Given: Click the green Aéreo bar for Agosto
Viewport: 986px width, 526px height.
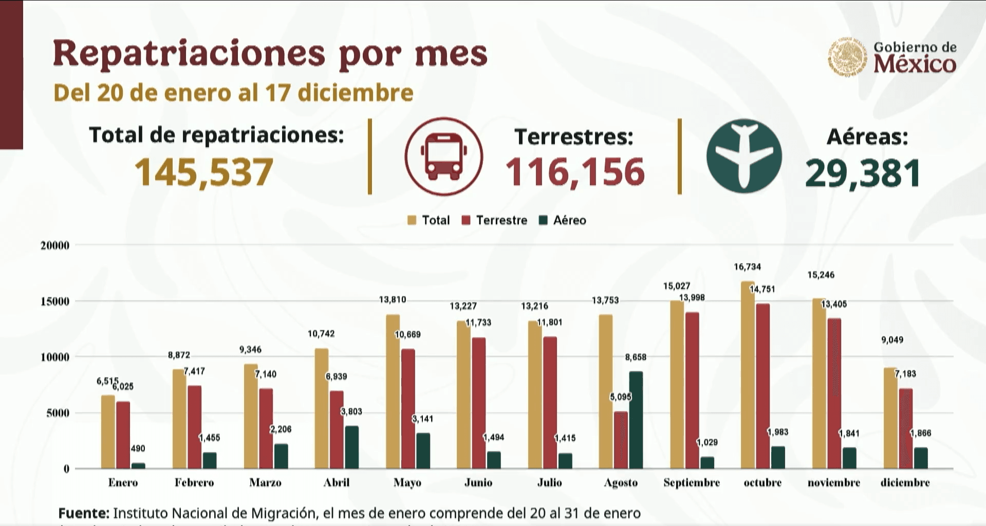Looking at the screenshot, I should point(636,420).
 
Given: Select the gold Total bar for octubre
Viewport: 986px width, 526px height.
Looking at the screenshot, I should point(748,375).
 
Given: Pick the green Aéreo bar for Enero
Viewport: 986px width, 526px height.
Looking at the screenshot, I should point(138,465).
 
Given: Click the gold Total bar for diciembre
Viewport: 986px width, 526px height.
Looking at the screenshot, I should point(890,418).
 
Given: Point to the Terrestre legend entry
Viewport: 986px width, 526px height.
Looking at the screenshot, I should point(495,220).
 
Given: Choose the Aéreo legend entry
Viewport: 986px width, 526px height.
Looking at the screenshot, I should point(563,220).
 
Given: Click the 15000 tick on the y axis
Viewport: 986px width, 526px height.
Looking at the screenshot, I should point(55,302).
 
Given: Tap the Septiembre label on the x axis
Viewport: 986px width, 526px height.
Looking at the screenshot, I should point(691,483).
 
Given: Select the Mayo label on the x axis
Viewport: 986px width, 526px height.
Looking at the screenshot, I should point(407,483).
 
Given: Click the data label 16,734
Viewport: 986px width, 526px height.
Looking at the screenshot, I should point(747,267).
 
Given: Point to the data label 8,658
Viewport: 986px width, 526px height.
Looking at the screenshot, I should point(636,357).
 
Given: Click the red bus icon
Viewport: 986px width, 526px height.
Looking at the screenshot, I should point(443,157).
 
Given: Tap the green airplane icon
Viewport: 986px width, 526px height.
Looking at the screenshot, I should point(743,156).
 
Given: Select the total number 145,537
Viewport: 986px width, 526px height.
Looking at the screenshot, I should point(203,172).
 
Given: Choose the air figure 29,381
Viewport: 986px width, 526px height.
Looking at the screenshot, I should point(863,174).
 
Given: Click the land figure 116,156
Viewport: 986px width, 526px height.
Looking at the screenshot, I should point(574,172).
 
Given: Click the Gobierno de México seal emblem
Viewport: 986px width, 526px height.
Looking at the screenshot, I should point(847,57).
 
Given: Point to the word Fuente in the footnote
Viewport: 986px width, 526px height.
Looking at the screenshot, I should point(83,513).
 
